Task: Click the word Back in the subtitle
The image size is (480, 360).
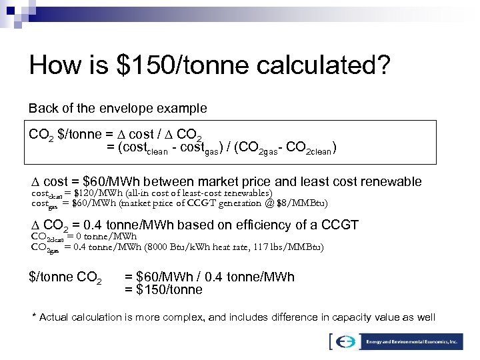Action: [40, 107]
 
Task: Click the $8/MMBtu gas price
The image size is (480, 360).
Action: [303, 202]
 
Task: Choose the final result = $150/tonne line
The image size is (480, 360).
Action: [163, 289]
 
